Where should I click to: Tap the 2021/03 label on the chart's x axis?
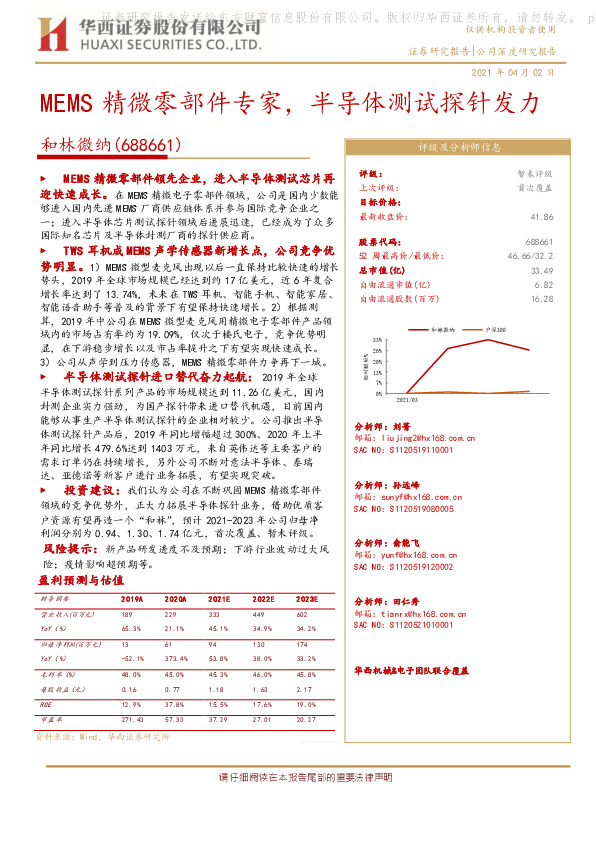pyautogui.click(x=407, y=399)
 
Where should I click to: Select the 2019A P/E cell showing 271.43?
pyautogui.click(x=132, y=718)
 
